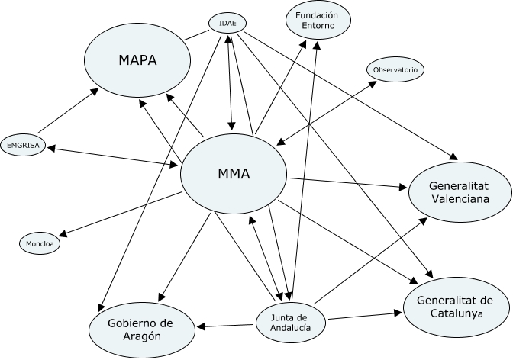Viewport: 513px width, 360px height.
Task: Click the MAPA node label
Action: pyautogui.click(x=137, y=60)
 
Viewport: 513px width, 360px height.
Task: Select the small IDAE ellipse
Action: pyautogui.click(x=227, y=24)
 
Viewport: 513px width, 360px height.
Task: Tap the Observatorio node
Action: pyautogui.click(x=394, y=70)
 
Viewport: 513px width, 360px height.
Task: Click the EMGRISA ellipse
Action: pyautogui.click(x=22, y=144)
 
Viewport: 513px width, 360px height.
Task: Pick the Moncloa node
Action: pyautogui.click(x=38, y=243)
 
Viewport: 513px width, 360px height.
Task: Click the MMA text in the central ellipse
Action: pyautogui.click(x=234, y=174)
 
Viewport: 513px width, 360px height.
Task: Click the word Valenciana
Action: pyautogui.click(x=459, y=199)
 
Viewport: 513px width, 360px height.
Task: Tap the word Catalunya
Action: pyautogui.click(x=455, y=313)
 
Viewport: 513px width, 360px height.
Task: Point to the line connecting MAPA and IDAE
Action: pyautogui.click(x=195, y=34)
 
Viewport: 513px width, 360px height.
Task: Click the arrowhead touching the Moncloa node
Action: pyautogui.click(x=63, y=234)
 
